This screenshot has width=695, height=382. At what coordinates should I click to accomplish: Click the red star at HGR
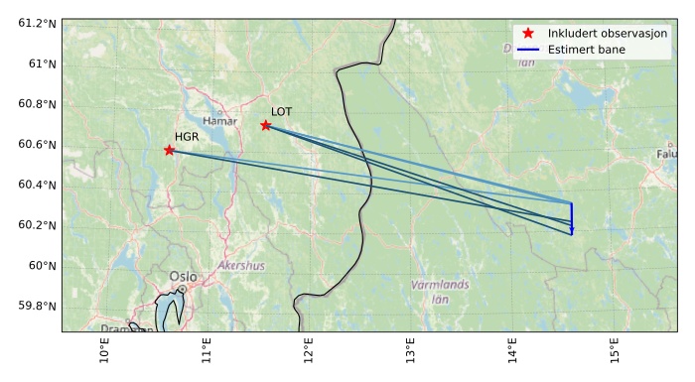pos(169,150)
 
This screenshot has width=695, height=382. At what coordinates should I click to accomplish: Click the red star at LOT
pos(265,125)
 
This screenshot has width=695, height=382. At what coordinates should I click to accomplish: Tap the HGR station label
pos(187,137)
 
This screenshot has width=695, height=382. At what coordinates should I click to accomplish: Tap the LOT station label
pos(282,112)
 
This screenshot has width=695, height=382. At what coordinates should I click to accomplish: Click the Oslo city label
pos(183,277)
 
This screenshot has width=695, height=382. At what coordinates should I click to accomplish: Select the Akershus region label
pos(241,266)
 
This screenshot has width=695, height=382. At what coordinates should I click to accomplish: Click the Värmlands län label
pos(440,291)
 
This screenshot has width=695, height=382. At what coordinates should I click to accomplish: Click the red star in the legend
pos(528,34)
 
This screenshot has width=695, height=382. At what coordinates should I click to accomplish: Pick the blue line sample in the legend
pos(528,49)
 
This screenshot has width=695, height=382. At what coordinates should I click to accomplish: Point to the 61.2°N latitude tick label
pos(37,23)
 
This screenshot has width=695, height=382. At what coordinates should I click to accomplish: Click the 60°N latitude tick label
pos(42,265)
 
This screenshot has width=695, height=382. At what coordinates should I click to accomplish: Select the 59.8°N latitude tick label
pos(37,306)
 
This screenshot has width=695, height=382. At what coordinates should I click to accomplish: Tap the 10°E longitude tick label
pos(104,350)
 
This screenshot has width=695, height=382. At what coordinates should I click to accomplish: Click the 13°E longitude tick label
pos(410,350)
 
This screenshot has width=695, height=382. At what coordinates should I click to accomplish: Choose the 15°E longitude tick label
pos(615,350)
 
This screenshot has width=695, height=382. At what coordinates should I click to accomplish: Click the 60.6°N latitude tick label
pos(37,144)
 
